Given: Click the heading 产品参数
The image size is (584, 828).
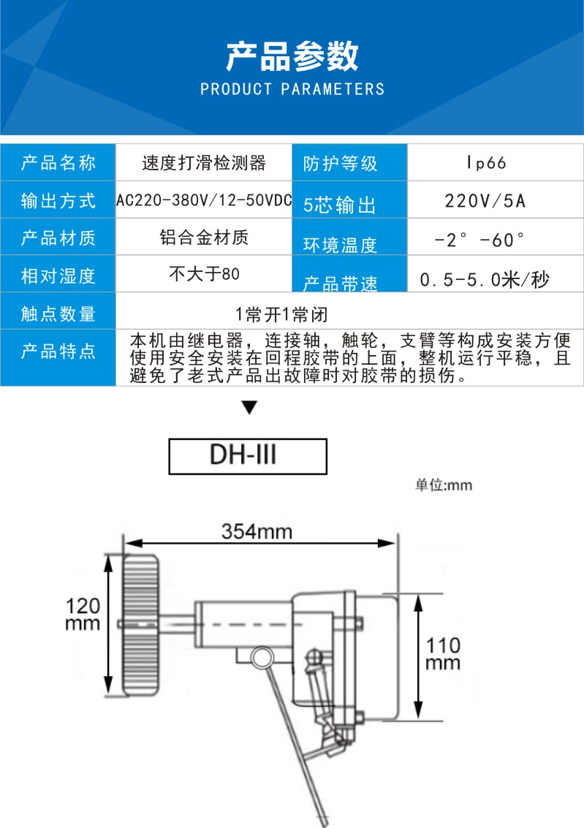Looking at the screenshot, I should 292,56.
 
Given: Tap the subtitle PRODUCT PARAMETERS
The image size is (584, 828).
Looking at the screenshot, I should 292,90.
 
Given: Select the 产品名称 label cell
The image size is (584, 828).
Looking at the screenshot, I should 58,163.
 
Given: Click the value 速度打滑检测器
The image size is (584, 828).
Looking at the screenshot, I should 204,163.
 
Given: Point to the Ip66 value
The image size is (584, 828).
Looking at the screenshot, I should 485,163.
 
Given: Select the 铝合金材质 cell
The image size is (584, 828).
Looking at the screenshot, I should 204,238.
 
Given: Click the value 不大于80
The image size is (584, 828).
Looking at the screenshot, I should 204,275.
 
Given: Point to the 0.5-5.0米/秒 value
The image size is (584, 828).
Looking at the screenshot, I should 485,279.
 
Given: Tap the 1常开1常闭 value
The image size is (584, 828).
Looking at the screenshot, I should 281,314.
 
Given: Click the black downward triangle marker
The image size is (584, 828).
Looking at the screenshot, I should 250,408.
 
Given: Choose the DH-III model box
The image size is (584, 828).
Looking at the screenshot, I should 248,456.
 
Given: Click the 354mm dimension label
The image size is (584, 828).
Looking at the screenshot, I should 257,531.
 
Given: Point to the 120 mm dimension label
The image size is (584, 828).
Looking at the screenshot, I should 83,615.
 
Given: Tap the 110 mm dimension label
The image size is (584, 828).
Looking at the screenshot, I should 444,653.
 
